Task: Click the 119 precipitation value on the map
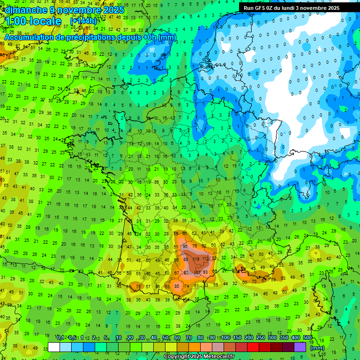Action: tap(196, 259)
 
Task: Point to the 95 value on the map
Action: tap(186, 246)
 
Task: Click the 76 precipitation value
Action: tap(195, 246)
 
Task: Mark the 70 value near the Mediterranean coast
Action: tap(254, 282)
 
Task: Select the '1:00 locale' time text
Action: tap(34, 22)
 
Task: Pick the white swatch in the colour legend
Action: tap(54, 347)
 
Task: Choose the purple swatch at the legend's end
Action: tap(300, 347)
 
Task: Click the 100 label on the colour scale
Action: tap(225, 338)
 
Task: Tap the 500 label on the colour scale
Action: tap(307, 338)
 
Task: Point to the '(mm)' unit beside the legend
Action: tap(318, 348)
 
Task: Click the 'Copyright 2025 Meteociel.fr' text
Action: tap(199, 356)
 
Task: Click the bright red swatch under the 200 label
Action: tap(253, 347)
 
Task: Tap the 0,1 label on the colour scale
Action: tap(60, 338)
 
